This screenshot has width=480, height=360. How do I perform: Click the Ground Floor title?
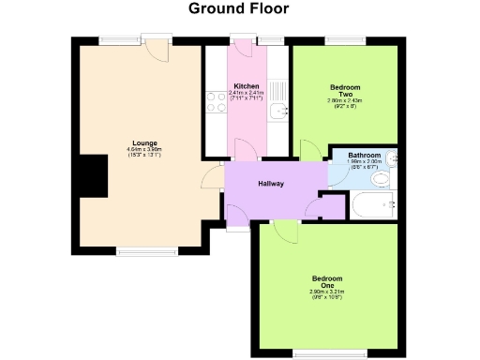click(x=239, y=9)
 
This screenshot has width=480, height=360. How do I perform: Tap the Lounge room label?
click(x=144, y=142)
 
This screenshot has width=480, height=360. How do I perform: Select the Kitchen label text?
click(x=247, y=87)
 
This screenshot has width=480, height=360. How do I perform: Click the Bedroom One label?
click(x=327, y=281)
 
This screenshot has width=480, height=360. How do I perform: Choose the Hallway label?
click(x=272, y=183)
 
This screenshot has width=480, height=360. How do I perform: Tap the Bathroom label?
click(x=364, y=155)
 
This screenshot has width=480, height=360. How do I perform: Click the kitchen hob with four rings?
click(x=216, y=108)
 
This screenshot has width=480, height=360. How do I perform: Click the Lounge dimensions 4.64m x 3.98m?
click(x=144, y=152)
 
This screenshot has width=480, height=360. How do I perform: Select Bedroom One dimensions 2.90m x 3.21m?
click(x=327, y=292)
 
